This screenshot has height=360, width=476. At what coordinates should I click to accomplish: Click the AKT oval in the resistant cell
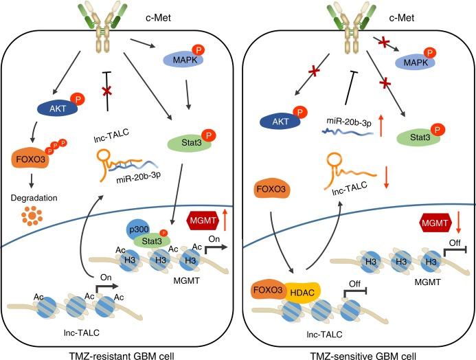click(58, 109)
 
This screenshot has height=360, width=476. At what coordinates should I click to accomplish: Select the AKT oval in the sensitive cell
click(280, 122)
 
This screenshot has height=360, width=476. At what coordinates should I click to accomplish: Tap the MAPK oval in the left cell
click(183, 60)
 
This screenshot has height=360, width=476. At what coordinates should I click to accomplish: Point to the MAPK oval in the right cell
click(415, 63)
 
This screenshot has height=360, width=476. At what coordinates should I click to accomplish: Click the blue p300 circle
click(138, 229)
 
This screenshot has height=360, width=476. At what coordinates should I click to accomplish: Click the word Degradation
click(34, 198)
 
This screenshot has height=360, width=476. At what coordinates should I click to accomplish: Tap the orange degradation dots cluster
click(32, 216)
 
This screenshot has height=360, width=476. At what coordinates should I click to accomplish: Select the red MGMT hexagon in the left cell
click(203, 220)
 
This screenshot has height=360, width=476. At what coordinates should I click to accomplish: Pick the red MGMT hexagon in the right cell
click(435, 223)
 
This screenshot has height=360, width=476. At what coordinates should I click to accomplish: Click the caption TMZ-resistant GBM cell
click(122, 356)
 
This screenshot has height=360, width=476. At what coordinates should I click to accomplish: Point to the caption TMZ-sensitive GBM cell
click(363, 356)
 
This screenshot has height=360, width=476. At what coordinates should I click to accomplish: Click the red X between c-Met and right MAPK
click(384, 42)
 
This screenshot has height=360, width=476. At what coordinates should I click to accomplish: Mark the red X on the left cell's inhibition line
click(106, 91)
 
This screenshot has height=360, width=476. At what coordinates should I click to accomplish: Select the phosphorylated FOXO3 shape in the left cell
click(30, 159)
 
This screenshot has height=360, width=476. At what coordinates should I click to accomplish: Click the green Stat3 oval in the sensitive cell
click(419, 137)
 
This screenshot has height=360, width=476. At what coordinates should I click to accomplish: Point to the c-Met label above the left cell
click(159, 18)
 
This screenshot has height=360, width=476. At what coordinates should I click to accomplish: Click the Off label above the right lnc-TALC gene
click(354, 284)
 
